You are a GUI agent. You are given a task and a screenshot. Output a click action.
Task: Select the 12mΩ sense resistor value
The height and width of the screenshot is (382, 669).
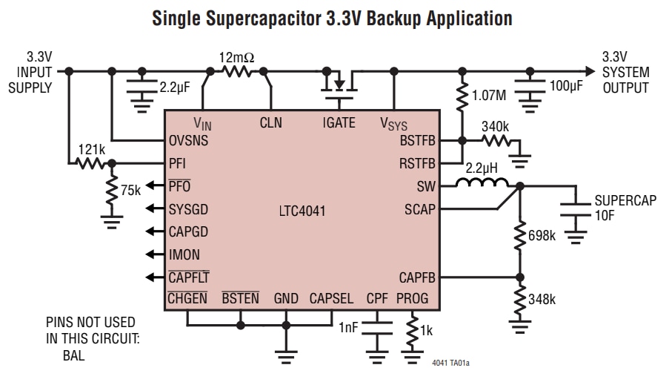tap(237, 56)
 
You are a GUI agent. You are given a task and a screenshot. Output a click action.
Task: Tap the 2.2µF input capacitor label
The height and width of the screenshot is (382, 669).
tap(175, 87)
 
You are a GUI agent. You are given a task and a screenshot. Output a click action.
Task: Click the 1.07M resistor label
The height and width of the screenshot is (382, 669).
tap(490, 96)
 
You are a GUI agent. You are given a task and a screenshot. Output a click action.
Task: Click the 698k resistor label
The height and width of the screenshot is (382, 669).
tap(542, 236)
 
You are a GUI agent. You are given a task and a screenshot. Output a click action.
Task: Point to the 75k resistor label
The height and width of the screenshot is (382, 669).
tap(130, 190)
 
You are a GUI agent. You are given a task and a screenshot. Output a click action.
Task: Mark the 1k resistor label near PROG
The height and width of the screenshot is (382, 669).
tap(425, 328)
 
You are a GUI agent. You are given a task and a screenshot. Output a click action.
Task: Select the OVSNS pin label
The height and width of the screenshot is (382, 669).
tap(189, 140)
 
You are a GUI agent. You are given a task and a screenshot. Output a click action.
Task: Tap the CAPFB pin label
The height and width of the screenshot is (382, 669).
tap(417, 278)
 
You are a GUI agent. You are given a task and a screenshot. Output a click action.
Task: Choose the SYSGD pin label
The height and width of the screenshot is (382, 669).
tap(189, 208)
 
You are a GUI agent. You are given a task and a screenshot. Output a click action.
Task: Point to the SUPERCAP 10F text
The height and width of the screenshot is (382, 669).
tap(625, 208)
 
